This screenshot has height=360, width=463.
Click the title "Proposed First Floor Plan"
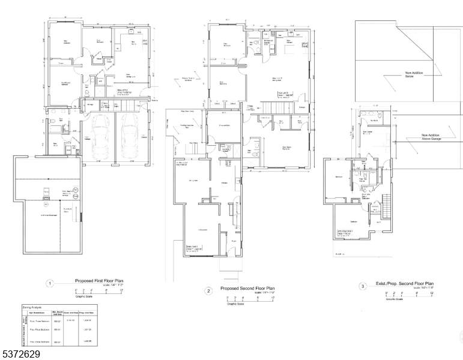[99, 280]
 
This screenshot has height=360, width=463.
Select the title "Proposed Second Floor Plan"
[247, 288]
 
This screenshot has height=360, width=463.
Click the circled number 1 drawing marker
[51, 283]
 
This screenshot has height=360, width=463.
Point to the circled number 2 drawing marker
[208, 291]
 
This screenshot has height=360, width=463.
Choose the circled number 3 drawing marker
[363, 286]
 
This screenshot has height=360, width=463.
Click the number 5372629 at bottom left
[20, 353]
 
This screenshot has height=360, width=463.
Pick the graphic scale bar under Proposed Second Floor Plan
[247, 298]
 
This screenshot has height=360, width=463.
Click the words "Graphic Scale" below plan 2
[235, 304]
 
